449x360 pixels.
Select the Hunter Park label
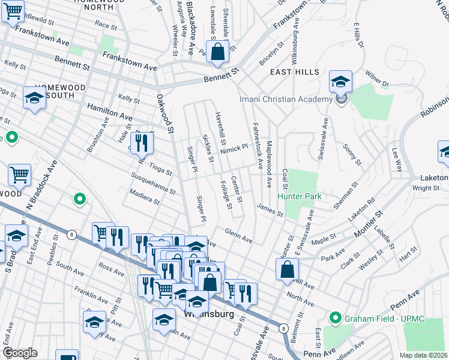point(299,196)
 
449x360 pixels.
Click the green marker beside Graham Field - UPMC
point(335,317)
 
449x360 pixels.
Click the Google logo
point(20,352)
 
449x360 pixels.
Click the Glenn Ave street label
point(238,235)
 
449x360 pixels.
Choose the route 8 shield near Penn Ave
point(283,328)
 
